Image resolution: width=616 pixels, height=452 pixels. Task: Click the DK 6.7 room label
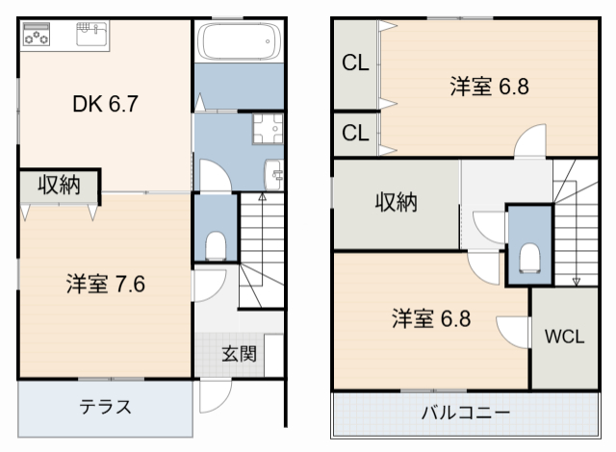[107, 103]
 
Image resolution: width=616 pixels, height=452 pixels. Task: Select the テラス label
[105, 406]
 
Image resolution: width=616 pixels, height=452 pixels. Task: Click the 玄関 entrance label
[240, 353]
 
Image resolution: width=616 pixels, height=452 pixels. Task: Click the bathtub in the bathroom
[238, 41]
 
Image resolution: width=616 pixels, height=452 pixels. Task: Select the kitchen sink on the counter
[93, 37]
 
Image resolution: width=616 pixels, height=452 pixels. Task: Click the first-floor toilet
[216, 245]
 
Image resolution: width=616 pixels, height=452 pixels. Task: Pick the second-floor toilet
[529, 257]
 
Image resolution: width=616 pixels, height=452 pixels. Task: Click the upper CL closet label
[355, 64]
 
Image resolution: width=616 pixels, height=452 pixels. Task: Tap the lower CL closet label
[355, 133]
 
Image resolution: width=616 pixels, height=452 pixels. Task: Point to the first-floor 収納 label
[59, 186]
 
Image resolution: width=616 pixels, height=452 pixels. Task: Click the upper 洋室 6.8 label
[489, 87]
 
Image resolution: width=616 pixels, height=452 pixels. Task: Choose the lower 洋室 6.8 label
[430, 318]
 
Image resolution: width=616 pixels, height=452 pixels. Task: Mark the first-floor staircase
[262, 250]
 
